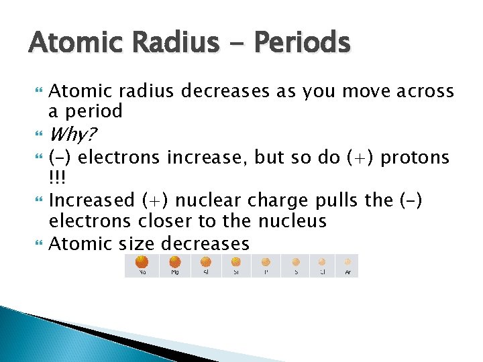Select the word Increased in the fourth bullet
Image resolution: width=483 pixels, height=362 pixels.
92,200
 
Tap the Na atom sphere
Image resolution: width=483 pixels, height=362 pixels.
142,261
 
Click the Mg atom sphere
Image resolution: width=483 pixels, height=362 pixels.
174,262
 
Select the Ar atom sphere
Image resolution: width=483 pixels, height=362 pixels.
347,262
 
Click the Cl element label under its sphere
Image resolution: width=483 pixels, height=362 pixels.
322,272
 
